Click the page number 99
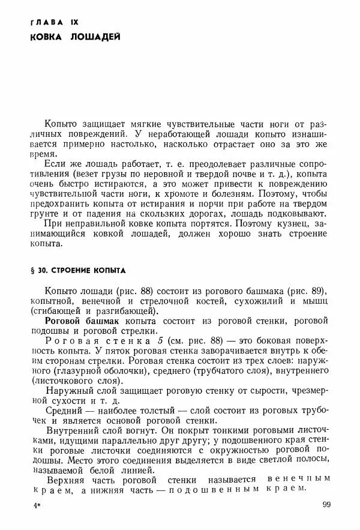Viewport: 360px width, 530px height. click(x=326, y=505)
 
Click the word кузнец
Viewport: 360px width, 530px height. click(x=311, y=223)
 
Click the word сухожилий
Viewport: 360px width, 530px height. click(x=254, y=301)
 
